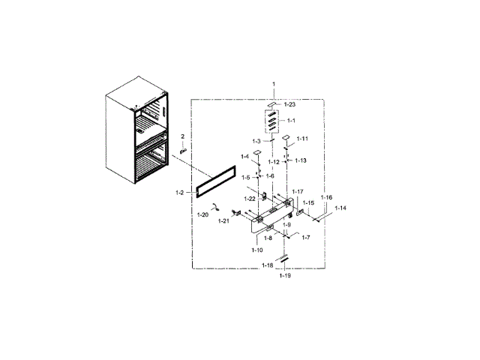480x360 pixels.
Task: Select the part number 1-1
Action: [x=290, y=121]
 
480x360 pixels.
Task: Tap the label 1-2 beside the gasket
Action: [x=180, y=193]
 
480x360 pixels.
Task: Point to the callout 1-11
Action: [x=302, y=139]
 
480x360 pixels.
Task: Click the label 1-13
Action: [x=300, y=160]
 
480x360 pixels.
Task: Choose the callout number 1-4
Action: [x=245, y=156]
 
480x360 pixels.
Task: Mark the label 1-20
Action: [x=202, y=215]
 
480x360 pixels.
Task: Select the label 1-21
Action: [x=223, y=221]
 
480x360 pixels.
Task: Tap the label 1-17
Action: [x=297, y=192]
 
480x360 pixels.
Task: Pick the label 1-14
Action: [x=340, y=208]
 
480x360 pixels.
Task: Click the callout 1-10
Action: [x=256, y=248]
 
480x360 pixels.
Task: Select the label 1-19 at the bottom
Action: [x=284, y=276]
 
